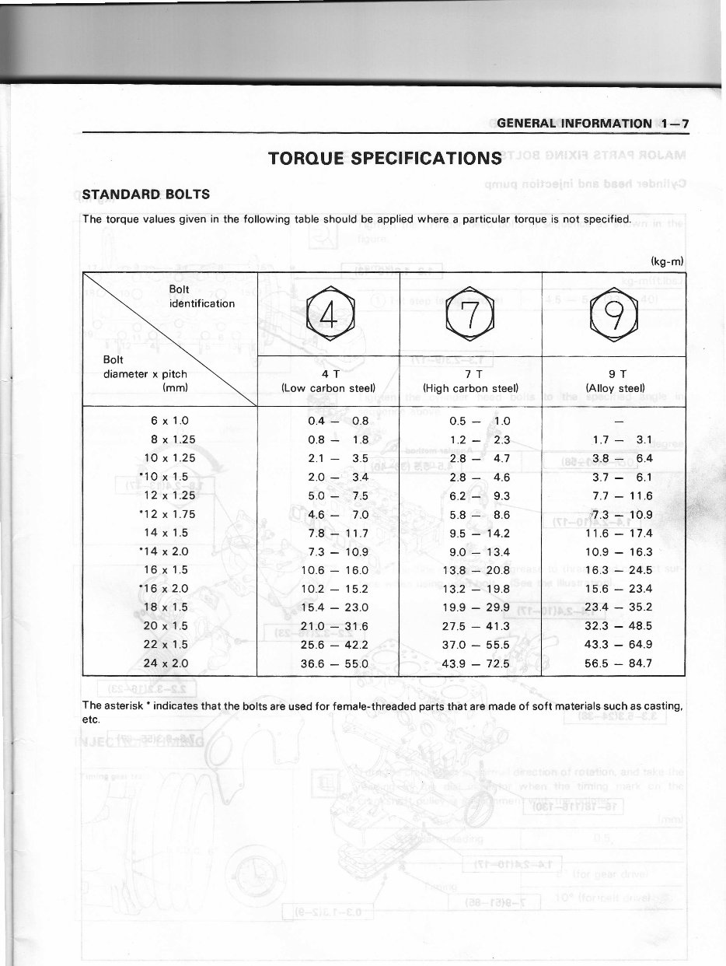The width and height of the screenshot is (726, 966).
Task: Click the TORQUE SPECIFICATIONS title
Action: (384, 159)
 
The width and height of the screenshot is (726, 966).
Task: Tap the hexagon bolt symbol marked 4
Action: (328, 315)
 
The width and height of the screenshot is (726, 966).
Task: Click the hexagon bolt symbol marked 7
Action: (469, 315)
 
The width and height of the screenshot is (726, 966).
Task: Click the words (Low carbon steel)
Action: (328, 387)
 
